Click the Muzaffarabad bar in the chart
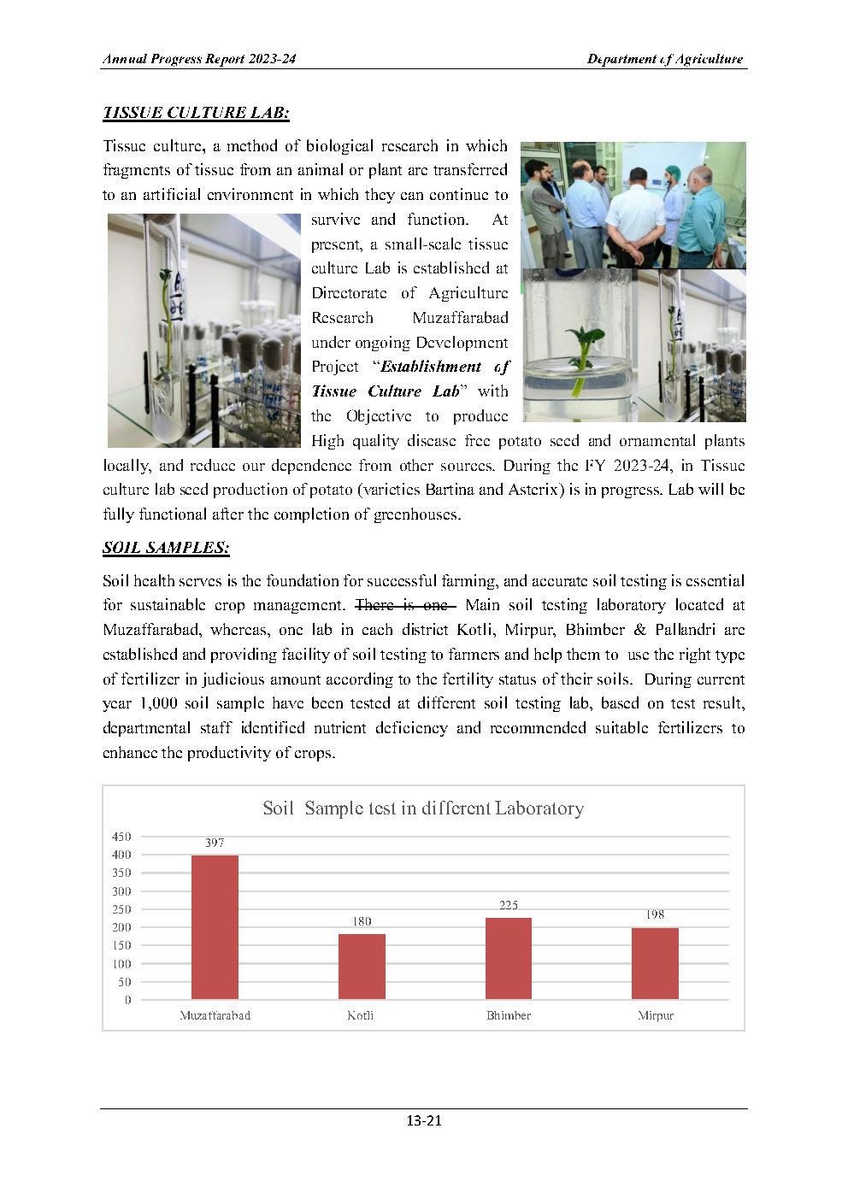pos(215,926)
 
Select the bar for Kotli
pos(362,966)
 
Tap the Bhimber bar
pos(509,957)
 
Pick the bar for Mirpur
pos(655,963)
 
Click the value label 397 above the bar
pos(215,843)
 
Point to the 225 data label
pos(509,905)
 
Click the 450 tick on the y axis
pos(121,837)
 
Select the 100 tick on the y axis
pos(121,964)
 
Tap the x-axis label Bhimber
pos(509,1016)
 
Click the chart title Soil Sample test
pos(423,808)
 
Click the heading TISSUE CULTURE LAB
pos(196,113)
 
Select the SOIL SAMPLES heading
pos(166,548)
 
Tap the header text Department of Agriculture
pos(664,59)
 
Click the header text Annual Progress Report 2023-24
pos(199,59)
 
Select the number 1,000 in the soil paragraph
pos(159,703)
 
